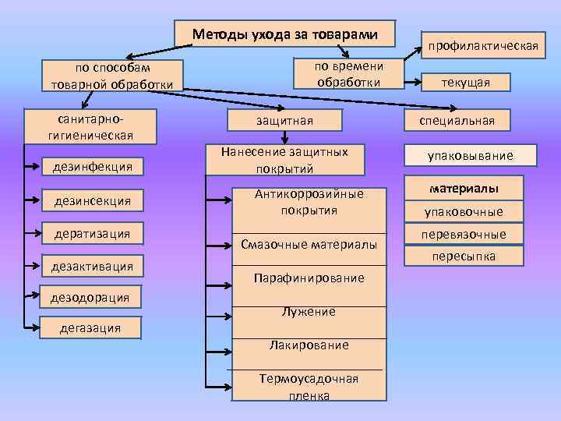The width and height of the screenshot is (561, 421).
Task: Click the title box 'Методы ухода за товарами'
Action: pos(285,34)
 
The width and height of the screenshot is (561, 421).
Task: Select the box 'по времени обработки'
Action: pos(348,74)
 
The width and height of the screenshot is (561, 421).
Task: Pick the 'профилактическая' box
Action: pos(481,46)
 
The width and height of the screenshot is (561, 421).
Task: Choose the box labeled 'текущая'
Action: pos(466,82)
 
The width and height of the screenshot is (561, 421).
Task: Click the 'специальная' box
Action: pos(458,120)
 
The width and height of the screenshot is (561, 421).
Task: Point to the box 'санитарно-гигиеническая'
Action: pos(90,126)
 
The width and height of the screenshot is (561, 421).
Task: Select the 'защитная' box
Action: pos(285,120)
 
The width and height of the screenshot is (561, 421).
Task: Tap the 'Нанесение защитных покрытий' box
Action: pos(284,159)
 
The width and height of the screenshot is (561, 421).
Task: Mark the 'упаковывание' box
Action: pos(470,156)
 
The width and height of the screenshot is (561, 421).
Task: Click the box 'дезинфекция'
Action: pos(92,166)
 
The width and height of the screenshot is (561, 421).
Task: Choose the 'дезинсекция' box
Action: pos(92,201)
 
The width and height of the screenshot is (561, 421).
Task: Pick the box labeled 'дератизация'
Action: pos(92,233)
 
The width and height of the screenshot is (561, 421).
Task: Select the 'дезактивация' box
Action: pos(92,267)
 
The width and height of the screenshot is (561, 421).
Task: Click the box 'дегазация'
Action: pos(90,328)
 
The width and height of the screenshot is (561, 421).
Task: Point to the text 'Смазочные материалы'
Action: pos(309,245)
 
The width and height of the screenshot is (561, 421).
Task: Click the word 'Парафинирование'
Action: pos(309,278)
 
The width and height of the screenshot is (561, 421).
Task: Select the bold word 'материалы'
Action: pos(464,189)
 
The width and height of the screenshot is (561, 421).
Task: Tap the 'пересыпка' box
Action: pos(464,256)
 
